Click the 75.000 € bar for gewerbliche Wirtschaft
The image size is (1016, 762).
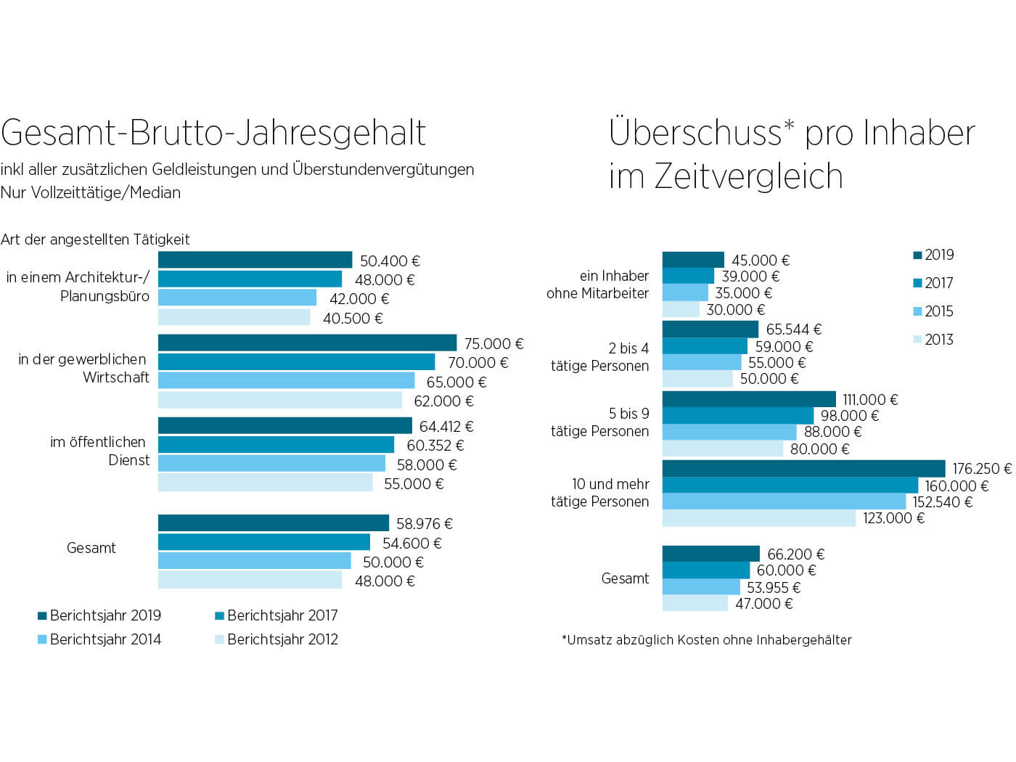(307, 343)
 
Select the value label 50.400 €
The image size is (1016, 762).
(390, 261)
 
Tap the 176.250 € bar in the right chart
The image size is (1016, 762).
(803, 468)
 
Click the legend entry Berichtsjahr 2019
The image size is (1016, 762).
(99, 615)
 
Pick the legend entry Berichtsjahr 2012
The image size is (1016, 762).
(276, 639)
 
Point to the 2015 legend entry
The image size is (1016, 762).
(933, 311)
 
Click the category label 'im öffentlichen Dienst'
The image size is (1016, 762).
(99, 451)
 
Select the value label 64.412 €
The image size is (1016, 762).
(446, 427)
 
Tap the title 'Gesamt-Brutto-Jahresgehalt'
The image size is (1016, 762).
(213, 133)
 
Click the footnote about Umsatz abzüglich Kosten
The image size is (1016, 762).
(706, 640)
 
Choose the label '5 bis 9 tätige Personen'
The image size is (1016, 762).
(599, 422)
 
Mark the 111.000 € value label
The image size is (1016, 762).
(870, 400)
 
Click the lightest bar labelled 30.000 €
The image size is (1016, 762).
(681, 310)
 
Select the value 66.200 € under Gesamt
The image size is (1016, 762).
(795, 554)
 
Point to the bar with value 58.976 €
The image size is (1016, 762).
(273, 523)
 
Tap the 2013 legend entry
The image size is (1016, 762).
(933, 340)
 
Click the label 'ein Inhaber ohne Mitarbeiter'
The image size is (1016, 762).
(598, 284)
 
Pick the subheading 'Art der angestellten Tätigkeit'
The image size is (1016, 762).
(95, 239)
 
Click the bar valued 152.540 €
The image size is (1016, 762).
(784, 501)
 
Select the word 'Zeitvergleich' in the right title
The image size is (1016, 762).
(748, 176)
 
